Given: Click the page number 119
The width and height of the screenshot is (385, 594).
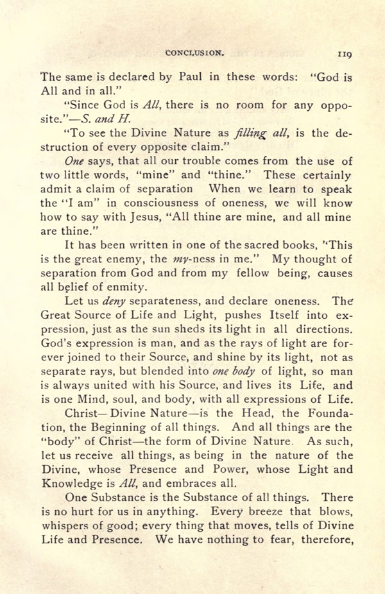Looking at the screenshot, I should [342, 55].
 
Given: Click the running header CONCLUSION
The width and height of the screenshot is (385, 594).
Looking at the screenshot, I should [194, 55].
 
